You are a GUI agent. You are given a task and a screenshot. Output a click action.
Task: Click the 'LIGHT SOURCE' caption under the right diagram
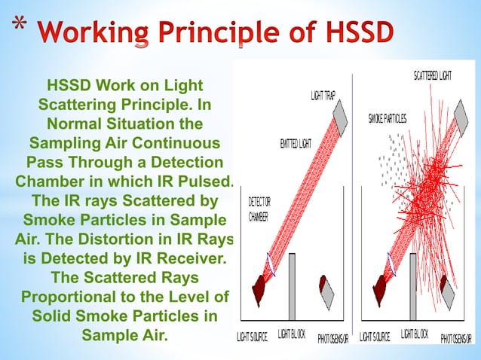375,337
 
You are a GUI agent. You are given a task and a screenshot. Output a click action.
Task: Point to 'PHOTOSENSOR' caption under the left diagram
332,337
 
